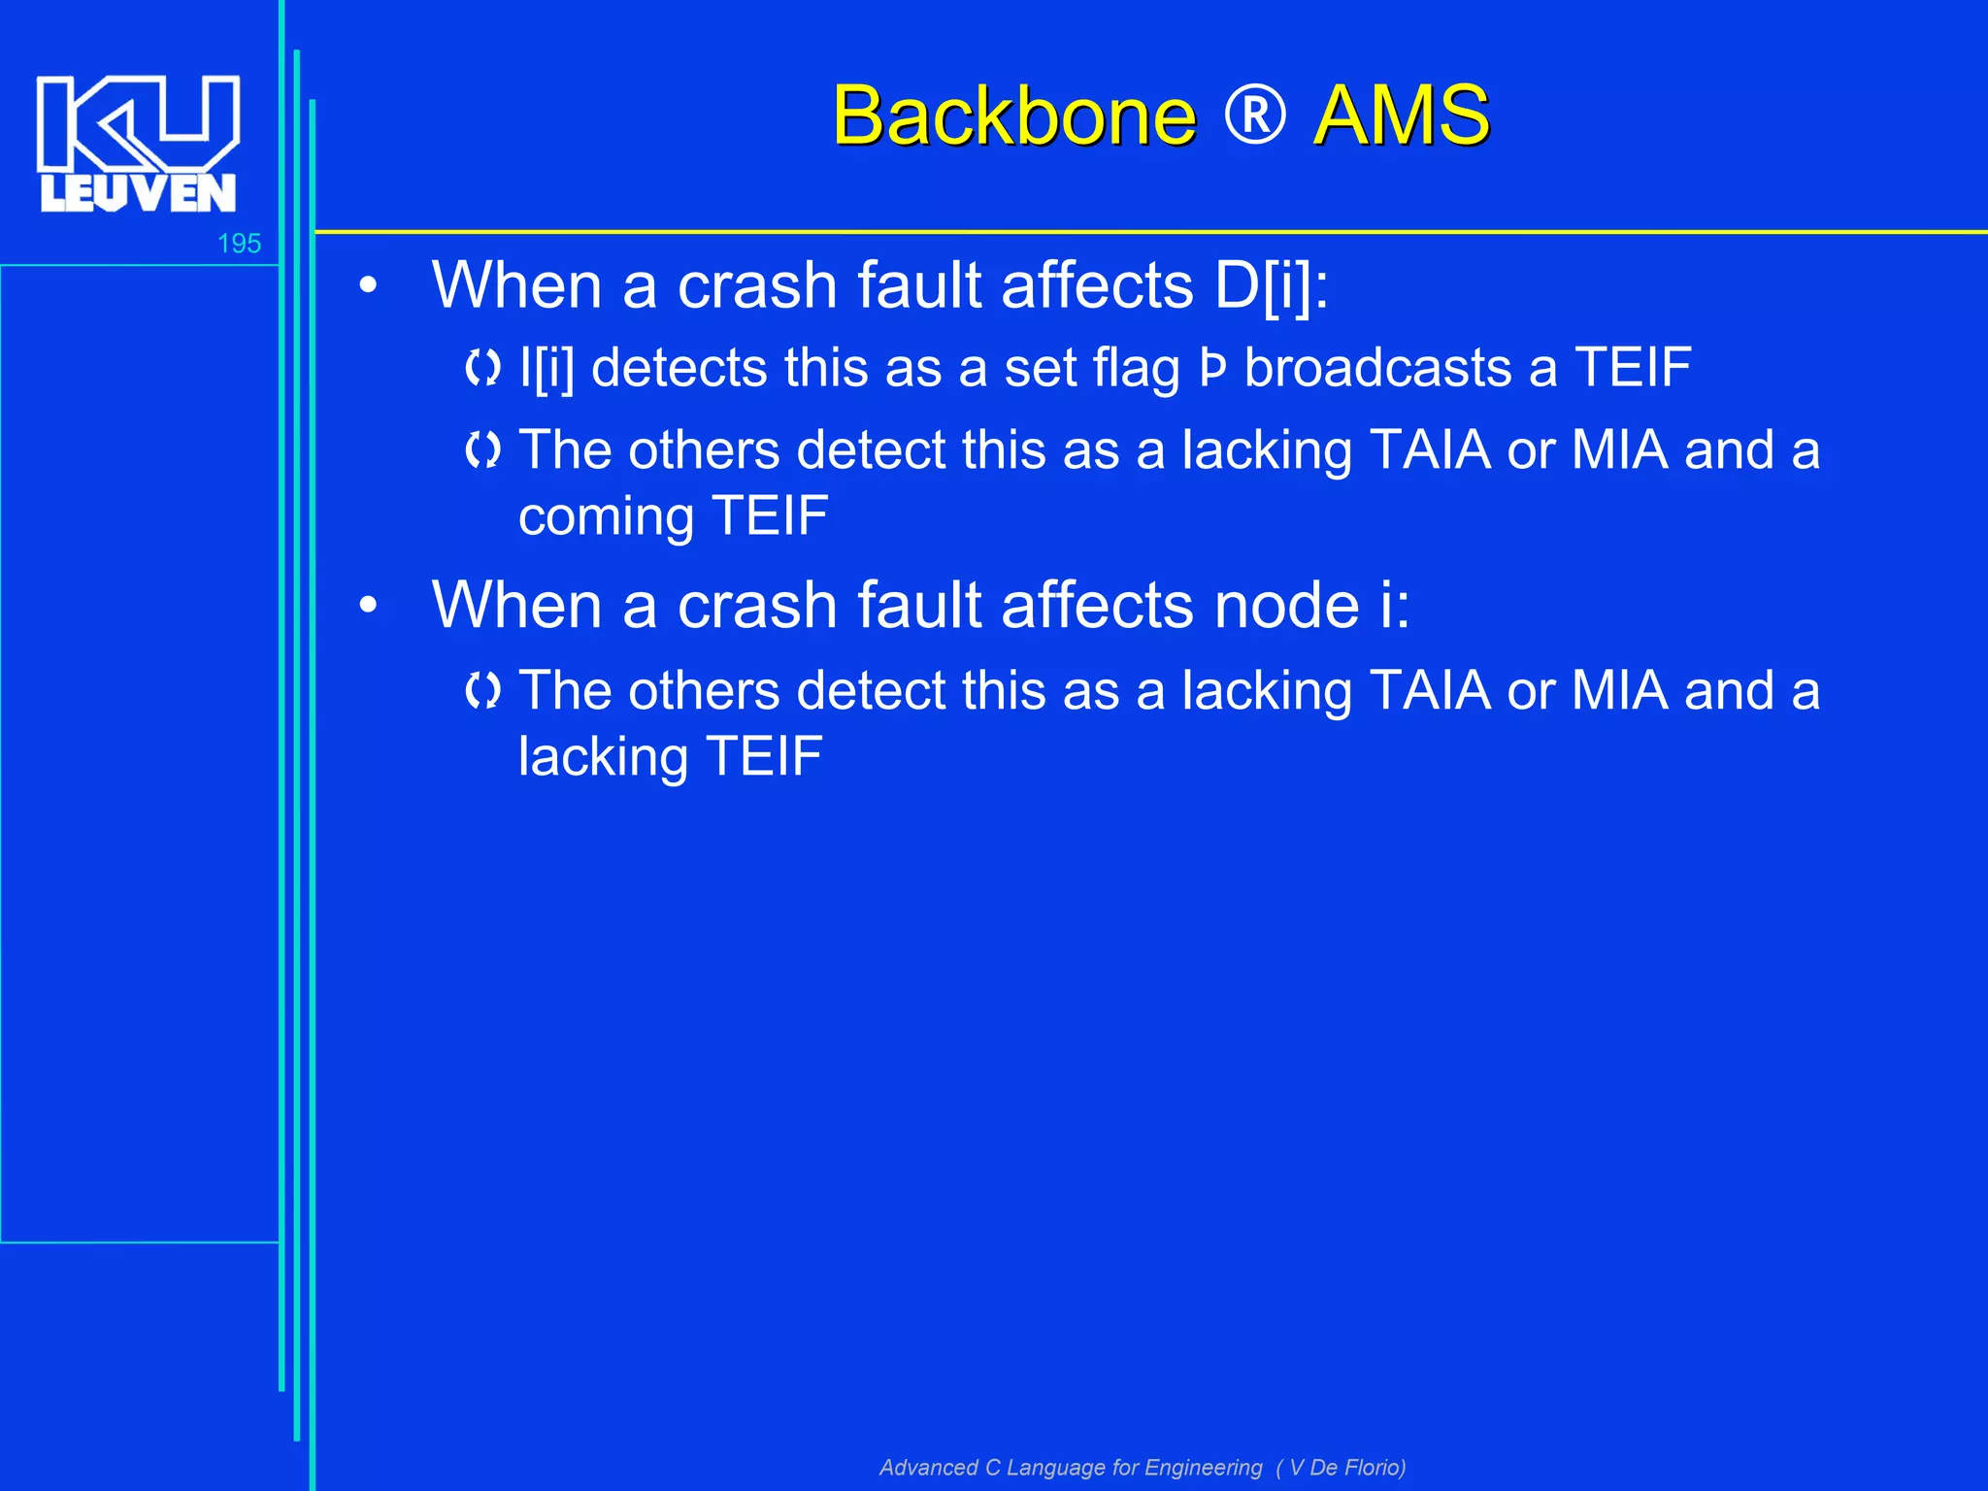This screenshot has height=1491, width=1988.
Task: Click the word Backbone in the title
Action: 1013,116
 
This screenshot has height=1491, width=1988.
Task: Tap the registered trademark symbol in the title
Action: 1254,116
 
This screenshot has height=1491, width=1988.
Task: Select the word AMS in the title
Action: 1401,116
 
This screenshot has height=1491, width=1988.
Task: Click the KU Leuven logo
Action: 138,144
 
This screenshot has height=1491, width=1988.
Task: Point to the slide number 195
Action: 239,244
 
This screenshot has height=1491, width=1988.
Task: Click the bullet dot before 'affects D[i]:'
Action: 367,286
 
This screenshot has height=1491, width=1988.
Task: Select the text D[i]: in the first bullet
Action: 1271,286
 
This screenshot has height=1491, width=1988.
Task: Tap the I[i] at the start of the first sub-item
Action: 547,369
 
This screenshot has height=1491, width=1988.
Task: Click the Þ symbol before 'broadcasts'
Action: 1213,369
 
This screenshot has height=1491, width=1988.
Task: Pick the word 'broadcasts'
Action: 1377,369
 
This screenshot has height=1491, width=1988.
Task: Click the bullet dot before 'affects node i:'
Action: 367,606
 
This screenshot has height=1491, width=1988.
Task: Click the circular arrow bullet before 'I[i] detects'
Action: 482,368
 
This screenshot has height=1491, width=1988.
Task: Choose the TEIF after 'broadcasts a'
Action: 1633,369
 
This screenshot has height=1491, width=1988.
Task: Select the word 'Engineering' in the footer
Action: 1205,1468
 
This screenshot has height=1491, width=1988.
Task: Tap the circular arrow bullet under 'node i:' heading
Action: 482,691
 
